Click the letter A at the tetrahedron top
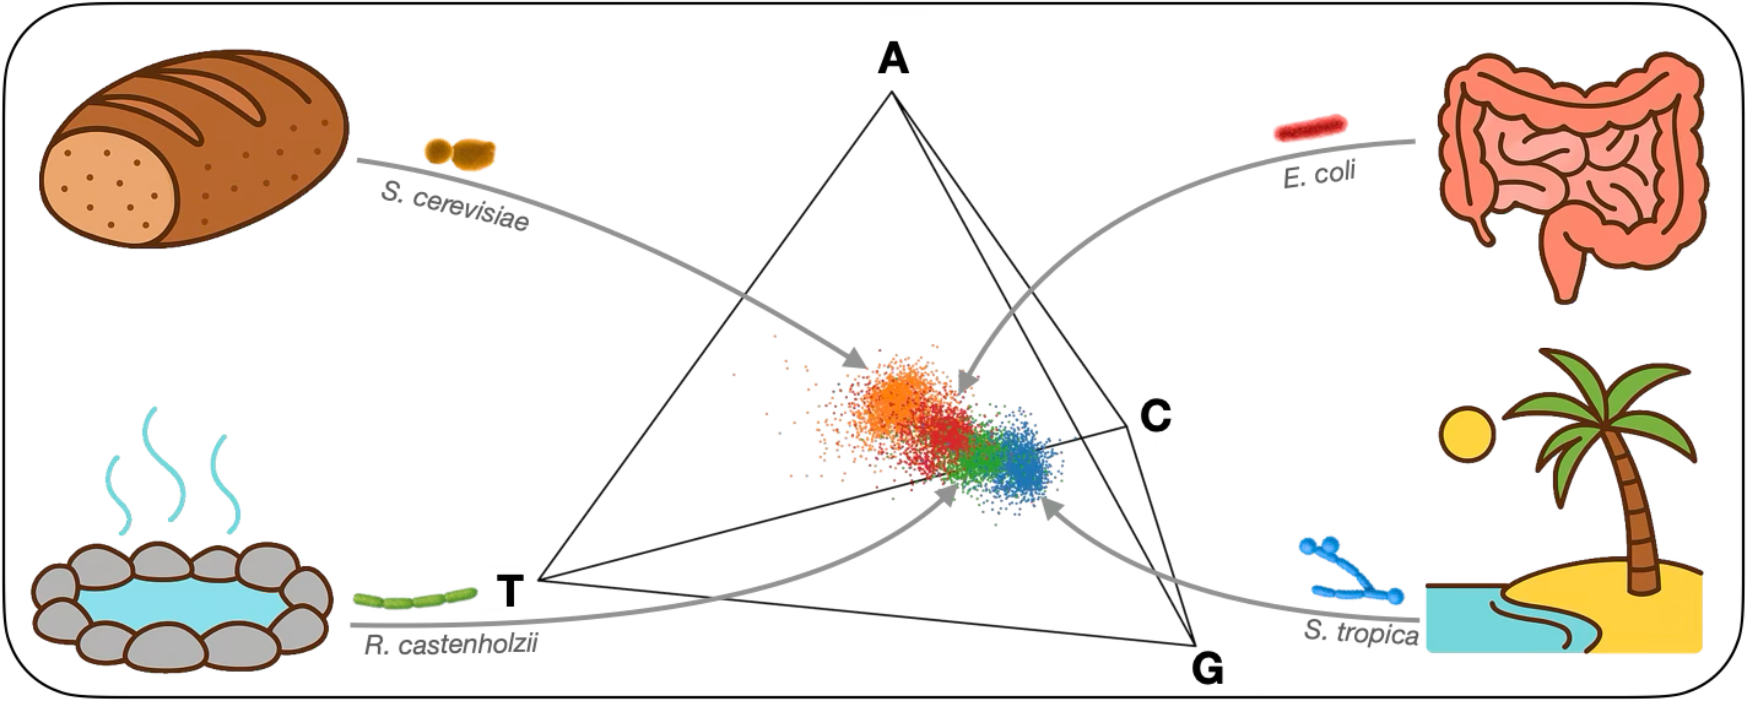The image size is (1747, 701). [893, 60]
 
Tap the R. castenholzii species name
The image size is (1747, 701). [451, 644]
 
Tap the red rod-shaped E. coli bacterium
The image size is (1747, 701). [1310, 127]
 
